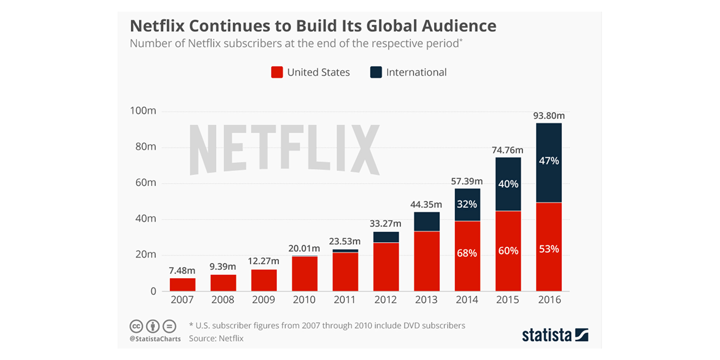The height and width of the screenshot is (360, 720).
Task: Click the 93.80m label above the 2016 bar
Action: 548,116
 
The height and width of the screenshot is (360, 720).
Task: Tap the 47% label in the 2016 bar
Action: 548,161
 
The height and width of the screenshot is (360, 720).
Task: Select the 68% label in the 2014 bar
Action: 467,253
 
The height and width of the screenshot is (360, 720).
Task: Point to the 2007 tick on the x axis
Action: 182,300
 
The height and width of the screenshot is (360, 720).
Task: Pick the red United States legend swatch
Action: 277,72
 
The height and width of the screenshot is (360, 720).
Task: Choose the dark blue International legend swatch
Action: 376,72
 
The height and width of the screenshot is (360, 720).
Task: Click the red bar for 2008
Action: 223,283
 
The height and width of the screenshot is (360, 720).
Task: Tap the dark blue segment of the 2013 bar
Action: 427,221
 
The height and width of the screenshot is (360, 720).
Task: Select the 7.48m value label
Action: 182,270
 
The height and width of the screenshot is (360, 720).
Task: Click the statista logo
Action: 555,334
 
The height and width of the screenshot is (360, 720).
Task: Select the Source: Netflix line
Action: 216,338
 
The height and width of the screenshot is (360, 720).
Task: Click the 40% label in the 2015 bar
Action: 508,184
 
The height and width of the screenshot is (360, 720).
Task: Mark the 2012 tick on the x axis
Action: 386,300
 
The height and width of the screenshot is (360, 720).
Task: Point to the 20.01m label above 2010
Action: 304,248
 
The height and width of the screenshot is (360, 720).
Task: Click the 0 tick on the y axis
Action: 153,291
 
